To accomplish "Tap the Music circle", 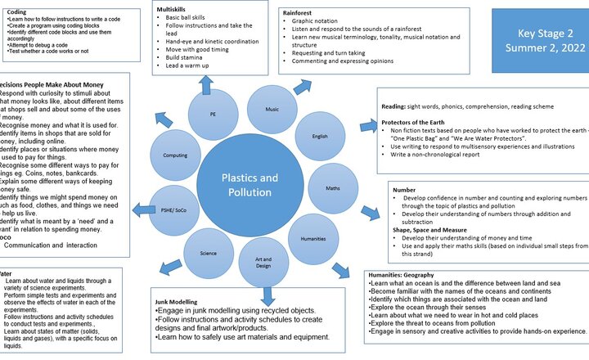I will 270,109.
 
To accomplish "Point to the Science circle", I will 209,253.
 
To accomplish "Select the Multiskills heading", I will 173,7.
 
